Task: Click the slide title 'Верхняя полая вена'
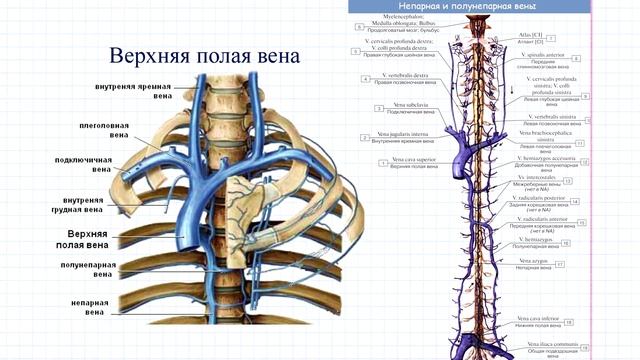pyautogui.click(x=204, y=55)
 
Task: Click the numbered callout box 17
pyautogui.click(x=561, y=264)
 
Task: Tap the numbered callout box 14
pyautogui.click(x=581, y=197)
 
